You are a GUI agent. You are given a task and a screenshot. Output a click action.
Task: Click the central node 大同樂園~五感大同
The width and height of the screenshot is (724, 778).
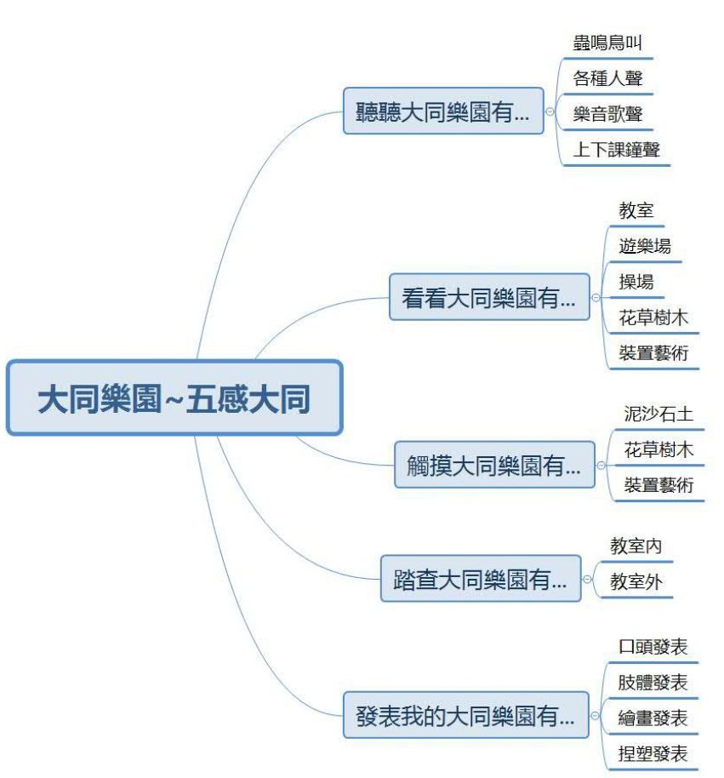tap(174, 398)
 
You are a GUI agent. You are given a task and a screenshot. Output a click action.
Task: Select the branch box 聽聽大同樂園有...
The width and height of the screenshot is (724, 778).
tap(443, 112)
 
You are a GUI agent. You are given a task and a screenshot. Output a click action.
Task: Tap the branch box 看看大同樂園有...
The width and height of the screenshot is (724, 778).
tap(489, 297)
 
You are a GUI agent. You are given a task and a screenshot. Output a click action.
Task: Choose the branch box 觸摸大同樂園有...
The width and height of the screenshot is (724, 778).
tap(494, 465)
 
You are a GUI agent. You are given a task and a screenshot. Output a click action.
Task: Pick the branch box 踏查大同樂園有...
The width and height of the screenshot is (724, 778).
tap(481, 579)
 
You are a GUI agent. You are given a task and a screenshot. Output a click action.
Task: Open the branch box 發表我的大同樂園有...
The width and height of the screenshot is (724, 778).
tap(466, 715)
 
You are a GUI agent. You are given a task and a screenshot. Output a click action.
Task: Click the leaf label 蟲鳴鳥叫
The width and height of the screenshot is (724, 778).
tap(607, 43)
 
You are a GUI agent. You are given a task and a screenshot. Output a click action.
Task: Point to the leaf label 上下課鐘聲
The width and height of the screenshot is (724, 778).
tap(617, 149)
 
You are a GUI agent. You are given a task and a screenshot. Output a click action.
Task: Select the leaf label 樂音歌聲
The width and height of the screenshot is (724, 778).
tap(607, 114)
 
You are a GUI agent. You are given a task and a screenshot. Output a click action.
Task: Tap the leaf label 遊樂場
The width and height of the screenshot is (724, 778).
tap(645, 246)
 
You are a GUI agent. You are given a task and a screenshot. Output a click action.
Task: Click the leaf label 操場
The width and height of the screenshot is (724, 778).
tap(636, 282)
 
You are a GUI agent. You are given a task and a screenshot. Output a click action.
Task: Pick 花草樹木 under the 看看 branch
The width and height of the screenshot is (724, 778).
tap(653, 317)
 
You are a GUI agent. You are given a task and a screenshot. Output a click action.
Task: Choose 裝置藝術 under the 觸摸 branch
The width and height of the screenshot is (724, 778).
tap(658, 485)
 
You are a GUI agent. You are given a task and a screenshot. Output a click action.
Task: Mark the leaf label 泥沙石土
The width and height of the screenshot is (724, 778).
tap(658, 414)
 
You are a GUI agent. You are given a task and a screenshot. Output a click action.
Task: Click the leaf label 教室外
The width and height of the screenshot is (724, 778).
tap(636, 581)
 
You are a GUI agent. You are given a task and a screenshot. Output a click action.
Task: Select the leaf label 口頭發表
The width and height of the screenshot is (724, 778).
tap(653, 647)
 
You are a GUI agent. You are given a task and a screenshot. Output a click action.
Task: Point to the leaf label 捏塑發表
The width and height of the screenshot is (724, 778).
tap(653, 753)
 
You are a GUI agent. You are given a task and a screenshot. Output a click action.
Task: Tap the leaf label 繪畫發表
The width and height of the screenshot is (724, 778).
tap(653, 718)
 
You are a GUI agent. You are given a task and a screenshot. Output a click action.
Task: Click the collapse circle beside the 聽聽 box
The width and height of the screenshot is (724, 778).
tap(550, 112)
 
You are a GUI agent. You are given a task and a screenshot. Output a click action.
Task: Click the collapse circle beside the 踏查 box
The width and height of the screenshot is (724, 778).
tap(587, 579)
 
